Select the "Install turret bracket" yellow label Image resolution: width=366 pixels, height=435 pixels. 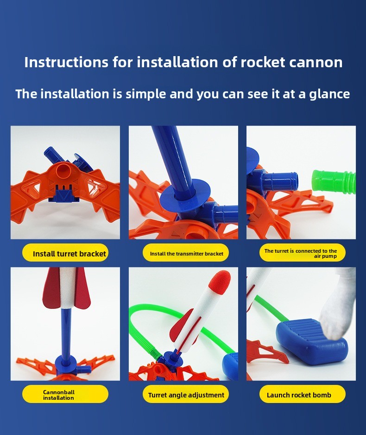click(x=65, y=253)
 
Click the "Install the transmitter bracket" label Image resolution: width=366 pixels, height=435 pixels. click(x=186, y=253)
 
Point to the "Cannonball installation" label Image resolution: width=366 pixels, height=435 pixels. click(x=65, y=394)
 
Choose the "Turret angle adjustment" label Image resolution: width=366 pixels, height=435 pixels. click(x=186, y=394)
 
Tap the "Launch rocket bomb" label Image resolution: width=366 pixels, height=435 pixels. click(x=302, y=394)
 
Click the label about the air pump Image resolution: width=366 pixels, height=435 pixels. click(x=302, y=253)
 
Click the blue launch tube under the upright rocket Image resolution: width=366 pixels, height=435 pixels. click(x=66, y=333)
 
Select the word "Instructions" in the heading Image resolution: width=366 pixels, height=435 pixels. click(x=66, y=62)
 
